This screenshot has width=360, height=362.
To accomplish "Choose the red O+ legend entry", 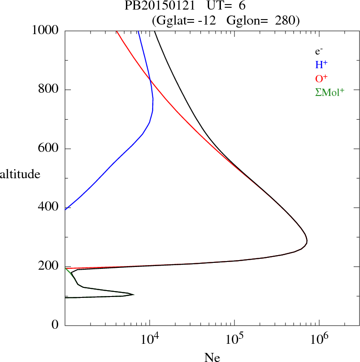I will pos(321,79).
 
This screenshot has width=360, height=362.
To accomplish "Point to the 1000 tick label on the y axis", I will pos(46,30).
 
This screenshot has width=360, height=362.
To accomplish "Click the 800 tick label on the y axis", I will pos(50,90).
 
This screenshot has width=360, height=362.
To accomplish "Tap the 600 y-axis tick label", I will pos(50,149).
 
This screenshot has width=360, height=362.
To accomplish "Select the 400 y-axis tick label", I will pos(50,207).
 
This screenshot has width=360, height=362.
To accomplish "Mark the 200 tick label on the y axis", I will pos(50,266).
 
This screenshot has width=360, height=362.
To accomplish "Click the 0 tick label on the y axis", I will pos(55,325).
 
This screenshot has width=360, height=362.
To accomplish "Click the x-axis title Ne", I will pos(212,357).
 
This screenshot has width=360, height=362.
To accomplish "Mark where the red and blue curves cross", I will pos(150,80).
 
